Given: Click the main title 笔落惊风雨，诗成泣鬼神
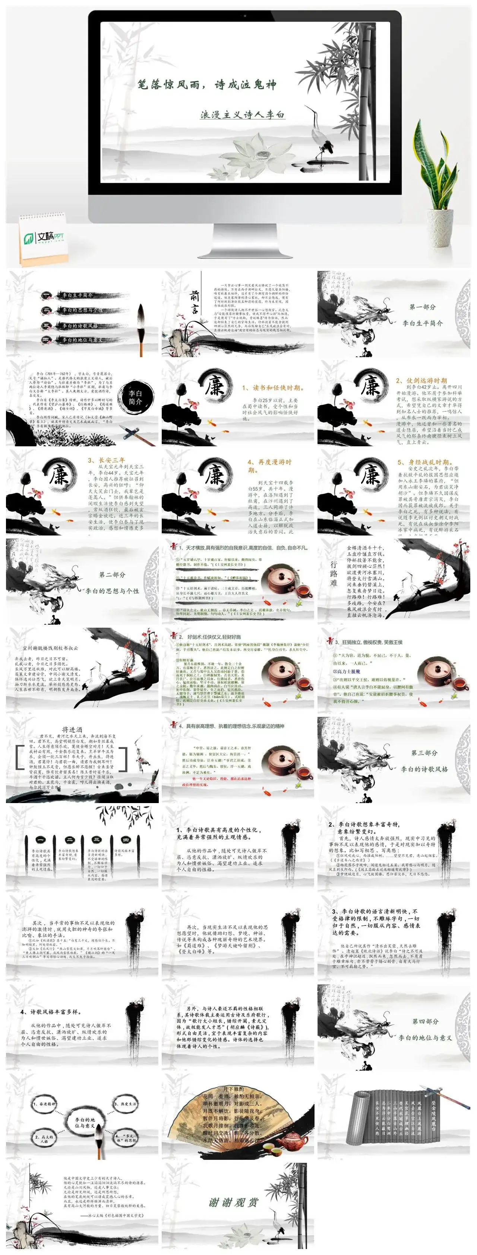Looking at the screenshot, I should pos(207,85).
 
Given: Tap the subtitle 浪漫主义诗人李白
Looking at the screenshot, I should pos(242,115).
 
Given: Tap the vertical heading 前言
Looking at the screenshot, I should pos(194,302).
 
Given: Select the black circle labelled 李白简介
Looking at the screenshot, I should pos(135,397).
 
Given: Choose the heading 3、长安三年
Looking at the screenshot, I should pos(106,460).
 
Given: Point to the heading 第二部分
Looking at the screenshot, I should pos(112,574).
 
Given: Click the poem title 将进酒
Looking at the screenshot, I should pos(72,729).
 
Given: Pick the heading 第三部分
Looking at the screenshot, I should pos(424,753).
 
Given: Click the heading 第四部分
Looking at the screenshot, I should pos(425,1021).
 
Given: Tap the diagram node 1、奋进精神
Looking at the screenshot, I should pos(45,1103).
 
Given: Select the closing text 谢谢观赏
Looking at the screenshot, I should pos(233,1202).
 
